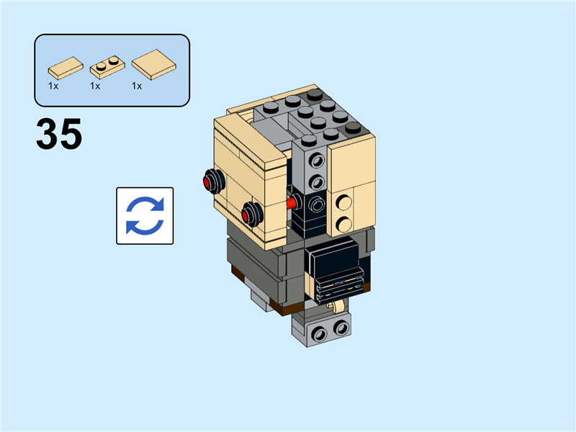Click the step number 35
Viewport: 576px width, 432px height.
pos(59,135)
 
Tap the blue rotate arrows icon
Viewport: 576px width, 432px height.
pos(145,215)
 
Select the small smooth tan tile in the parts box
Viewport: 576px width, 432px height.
pos(65,68)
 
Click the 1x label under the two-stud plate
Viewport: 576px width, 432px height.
pos(95,86)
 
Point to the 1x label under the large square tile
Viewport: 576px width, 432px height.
pos(137,86)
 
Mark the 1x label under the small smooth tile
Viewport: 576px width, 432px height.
pos(53,86)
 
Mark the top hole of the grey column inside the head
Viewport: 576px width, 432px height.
pos(315,157)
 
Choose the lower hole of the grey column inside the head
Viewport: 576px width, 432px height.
pos(315,181)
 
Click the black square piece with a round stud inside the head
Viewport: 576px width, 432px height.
pos(315,207)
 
